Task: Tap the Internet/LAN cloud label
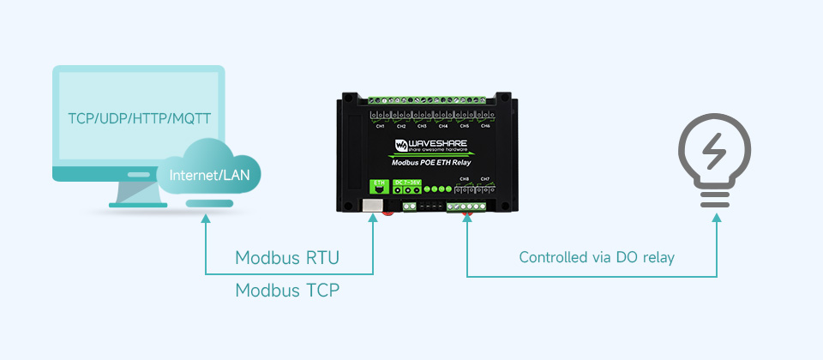tap(210, 176)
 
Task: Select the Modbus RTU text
tap(287, 258)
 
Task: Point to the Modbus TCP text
tap(287, 291)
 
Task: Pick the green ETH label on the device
tap(376, 183)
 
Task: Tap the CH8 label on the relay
tap(464, 179)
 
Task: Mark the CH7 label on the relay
tap(485, 179)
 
